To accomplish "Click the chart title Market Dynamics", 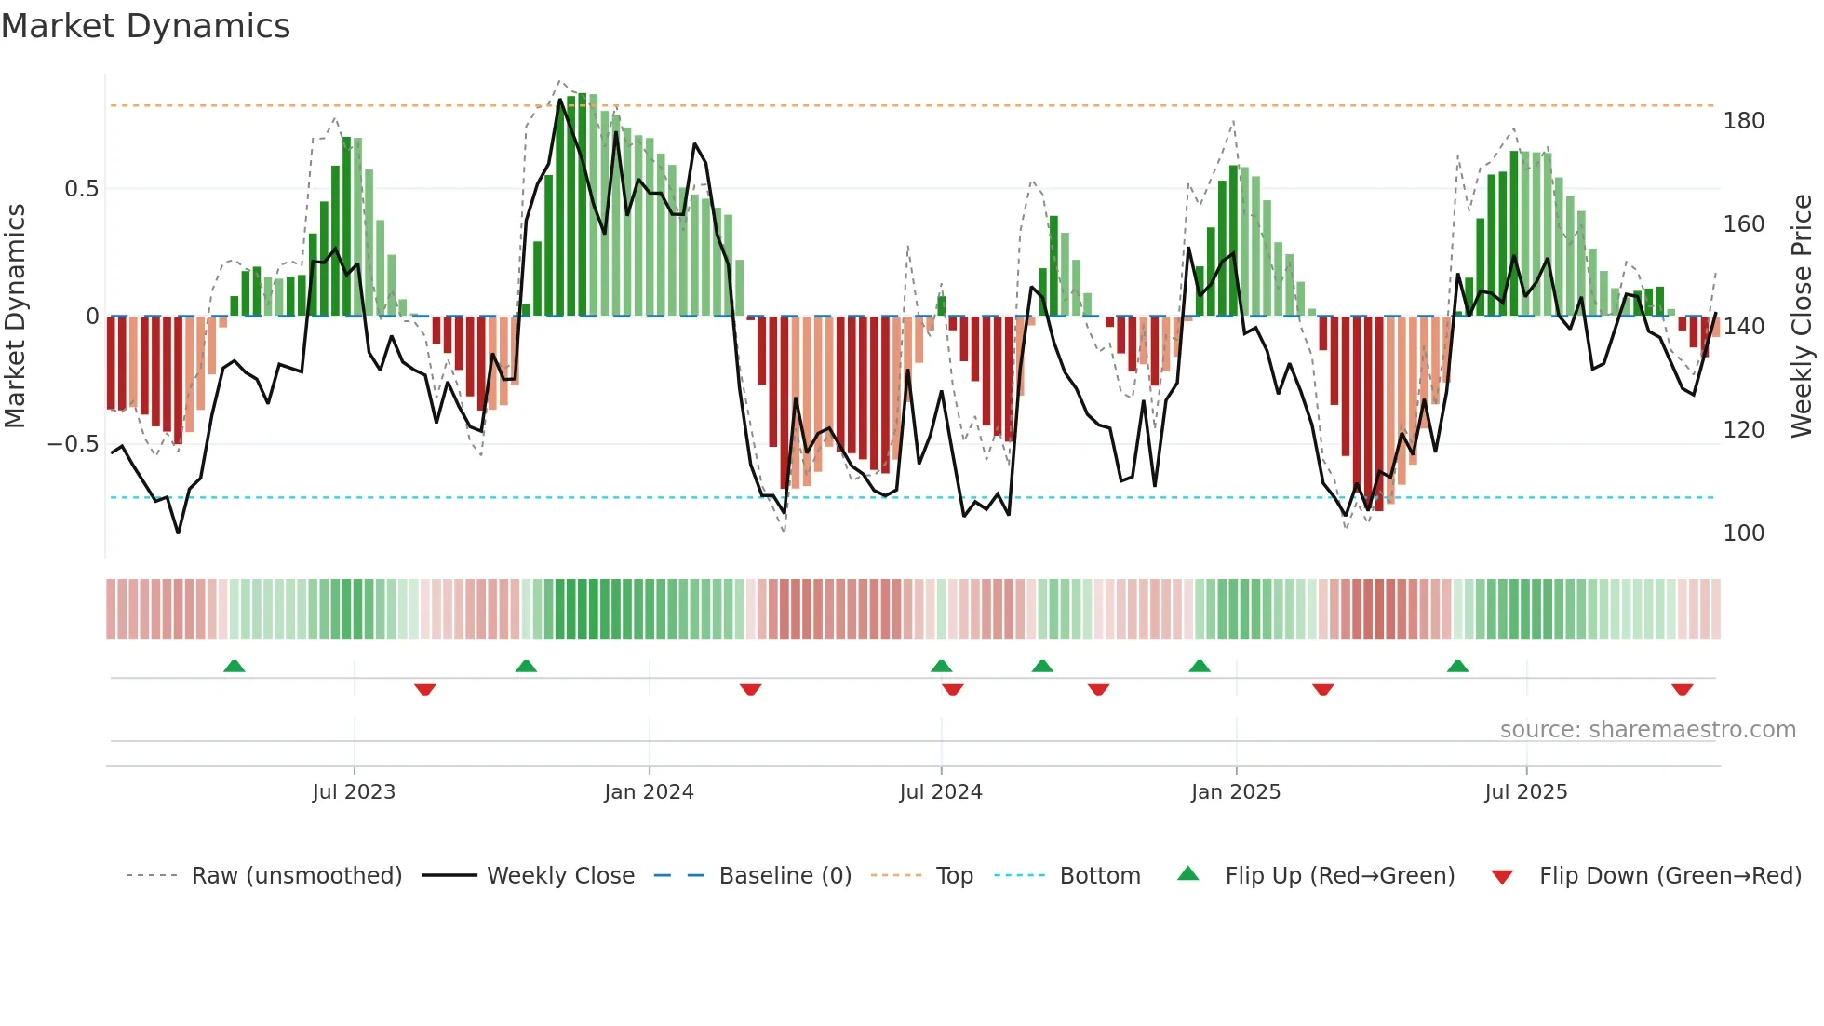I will pyautogui.click(x=145, y=26).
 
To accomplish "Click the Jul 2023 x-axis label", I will pyautogui.click(x=354, y=792).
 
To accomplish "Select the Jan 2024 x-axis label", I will pyautogui.click(x=649, y=792).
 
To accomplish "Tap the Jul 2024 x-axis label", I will pyautogui.click(x=941, y=792).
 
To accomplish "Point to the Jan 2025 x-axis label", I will pyautogui.click(x=1236, y=792).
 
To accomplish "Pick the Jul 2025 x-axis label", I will pyautogui.click(x=1526, y=792).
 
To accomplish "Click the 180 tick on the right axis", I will pyautogui.click(x=1743, y=121).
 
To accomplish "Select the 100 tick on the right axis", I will pyautogui.click(x=1743, y=533).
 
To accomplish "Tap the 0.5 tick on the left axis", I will pyautogui.click(x=81, y=189).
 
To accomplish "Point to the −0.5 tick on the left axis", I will pyautogui.click(x=74, y=444).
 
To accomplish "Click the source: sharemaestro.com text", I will pyautogui.click(x=1647, y=730).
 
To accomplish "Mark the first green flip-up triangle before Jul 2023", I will pyautogui.click(x=235, y=667).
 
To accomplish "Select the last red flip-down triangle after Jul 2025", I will pyautogui.click(x=1682, y=690).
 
